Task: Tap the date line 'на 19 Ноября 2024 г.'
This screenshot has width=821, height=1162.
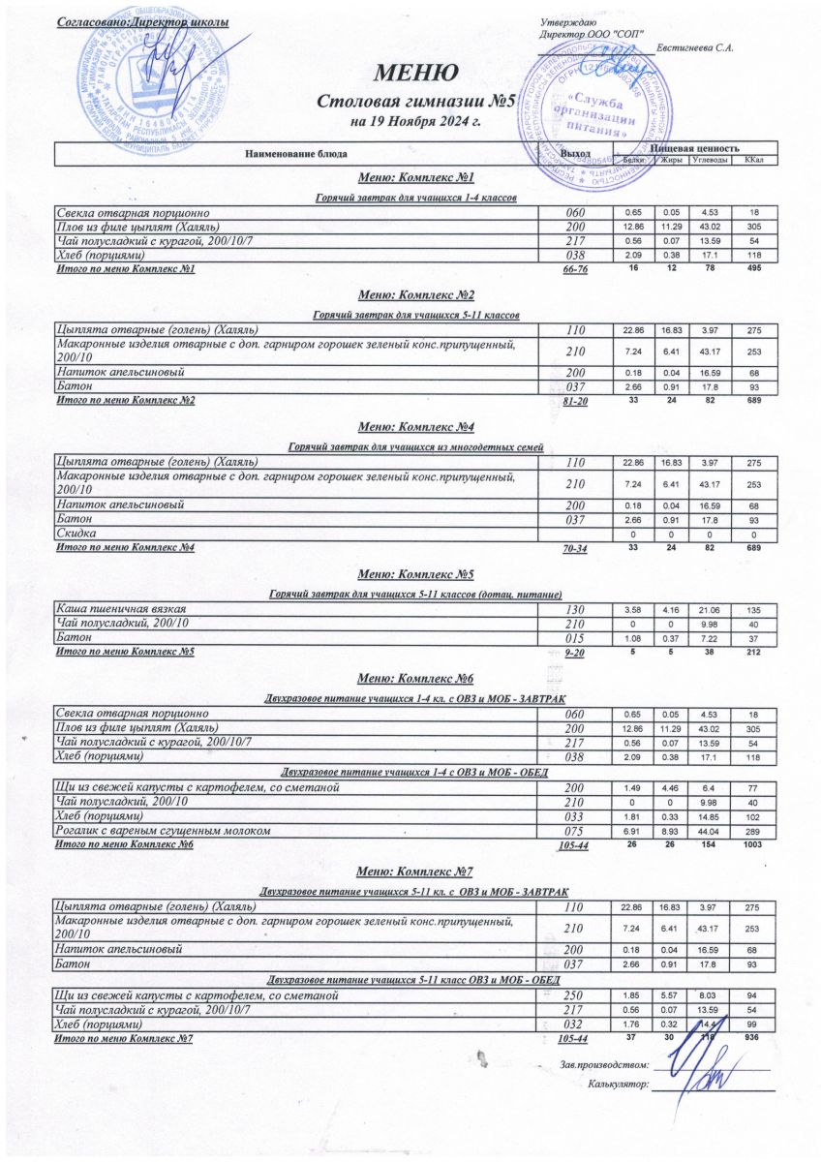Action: tap(415, 123)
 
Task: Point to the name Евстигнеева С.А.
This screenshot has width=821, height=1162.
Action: tap(694, 47)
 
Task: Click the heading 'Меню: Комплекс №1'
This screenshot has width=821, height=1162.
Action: tap(415, 178)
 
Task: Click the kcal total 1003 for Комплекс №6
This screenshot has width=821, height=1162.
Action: tap(754, 844)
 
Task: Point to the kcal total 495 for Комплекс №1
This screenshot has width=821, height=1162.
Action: tap(754, 267)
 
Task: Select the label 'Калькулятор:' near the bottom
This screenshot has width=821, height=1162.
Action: tap(618, 1084)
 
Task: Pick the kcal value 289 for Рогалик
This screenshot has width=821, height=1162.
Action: tap(754, 831)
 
